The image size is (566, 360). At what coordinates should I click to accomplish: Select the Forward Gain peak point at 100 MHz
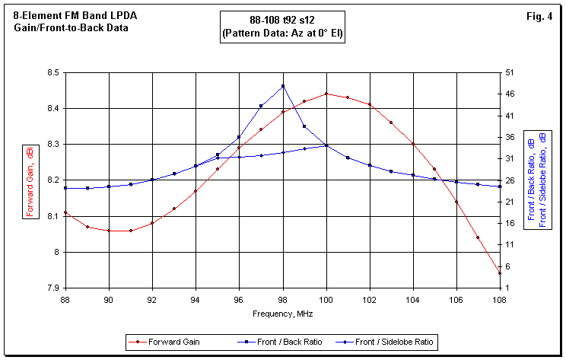326,94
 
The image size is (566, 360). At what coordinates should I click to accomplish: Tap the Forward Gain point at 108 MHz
500,273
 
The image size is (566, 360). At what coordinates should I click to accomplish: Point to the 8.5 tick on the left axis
53,72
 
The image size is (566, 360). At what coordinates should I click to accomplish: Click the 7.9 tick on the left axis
53,288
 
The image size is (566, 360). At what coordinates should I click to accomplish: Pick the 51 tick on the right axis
514,72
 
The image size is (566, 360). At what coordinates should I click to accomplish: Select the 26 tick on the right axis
514,180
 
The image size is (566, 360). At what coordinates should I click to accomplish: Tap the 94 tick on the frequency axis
196,299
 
